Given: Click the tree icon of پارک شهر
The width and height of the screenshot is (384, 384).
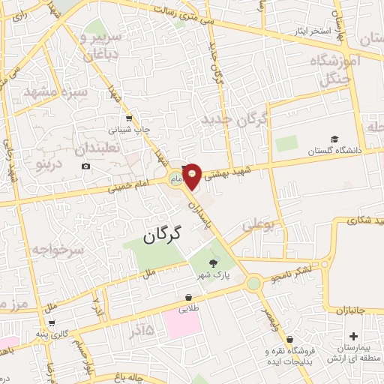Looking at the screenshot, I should (x=214, y=262).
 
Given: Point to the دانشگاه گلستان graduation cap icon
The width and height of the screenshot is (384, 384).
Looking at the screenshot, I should (x=334, y=139).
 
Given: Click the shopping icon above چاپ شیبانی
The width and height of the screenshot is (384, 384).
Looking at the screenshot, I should (x=129, y=118).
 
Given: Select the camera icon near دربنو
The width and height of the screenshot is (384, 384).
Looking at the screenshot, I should (x=86, y=166).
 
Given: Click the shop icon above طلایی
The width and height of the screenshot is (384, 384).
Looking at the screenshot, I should (x=185, y=297).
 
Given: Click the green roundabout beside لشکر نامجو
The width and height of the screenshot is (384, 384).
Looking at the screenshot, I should (x=254, y=283).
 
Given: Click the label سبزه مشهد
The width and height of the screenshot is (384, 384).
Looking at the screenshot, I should (x=55, y=92).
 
